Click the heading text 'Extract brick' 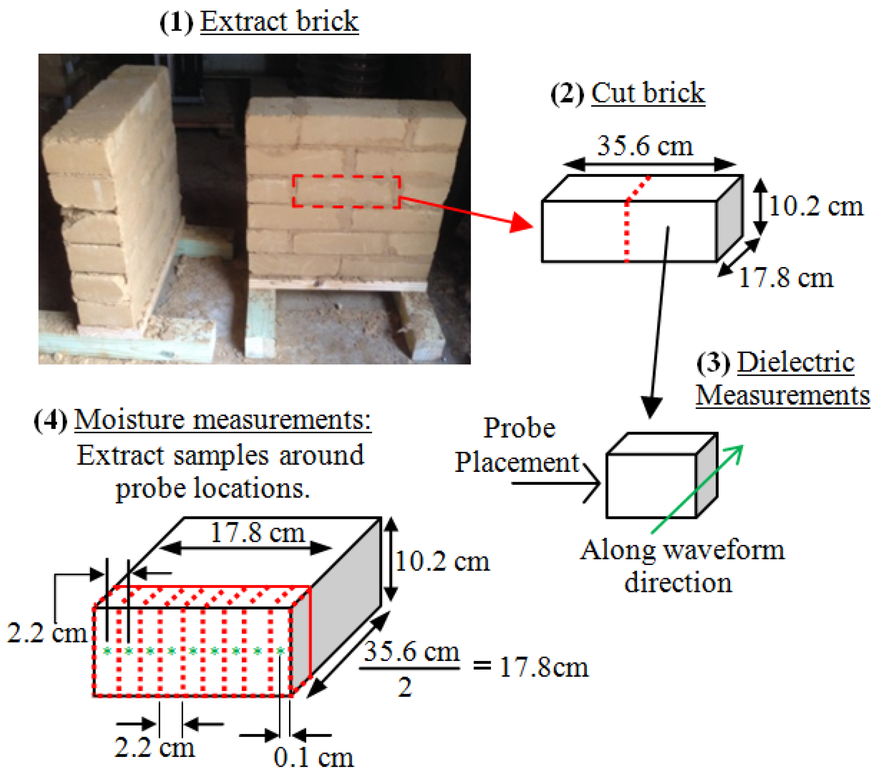(279, 22)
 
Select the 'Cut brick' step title (648, 93)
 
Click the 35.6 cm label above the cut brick (645, 146)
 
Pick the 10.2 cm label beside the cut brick (816, 206)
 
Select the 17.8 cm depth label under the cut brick (786, 278)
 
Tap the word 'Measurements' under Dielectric (782, 395)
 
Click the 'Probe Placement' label (518, 445)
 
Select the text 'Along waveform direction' (681, 566)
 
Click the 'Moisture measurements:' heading (222, 419)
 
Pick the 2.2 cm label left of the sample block (47, 633)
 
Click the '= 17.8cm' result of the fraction (531, 667)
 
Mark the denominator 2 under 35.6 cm (405, 687)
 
